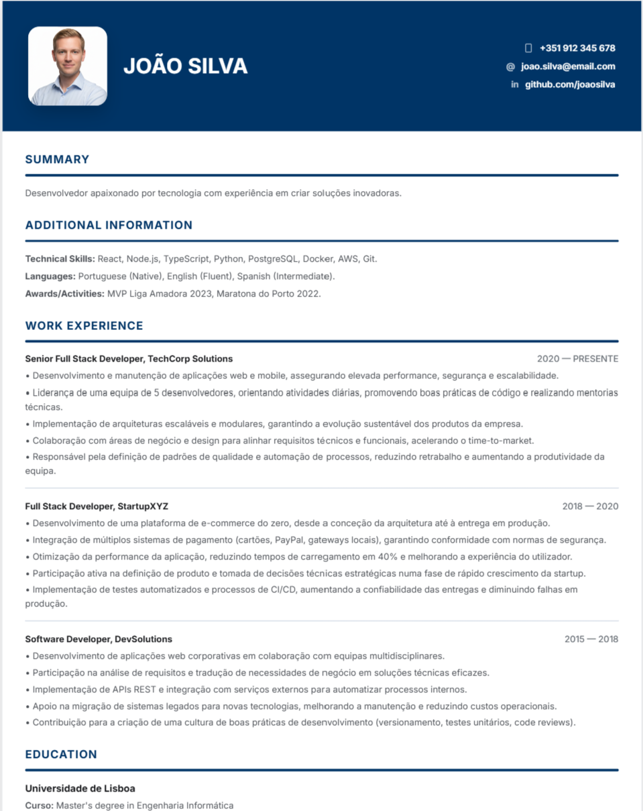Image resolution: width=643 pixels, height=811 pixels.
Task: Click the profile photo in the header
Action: [x=68, y=66]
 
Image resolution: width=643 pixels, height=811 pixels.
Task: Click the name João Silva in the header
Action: [x=185, y=66]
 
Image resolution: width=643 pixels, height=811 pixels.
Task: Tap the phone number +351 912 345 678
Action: [x=577, y=48]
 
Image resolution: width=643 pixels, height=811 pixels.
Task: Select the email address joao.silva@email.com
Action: [x=568, y=66]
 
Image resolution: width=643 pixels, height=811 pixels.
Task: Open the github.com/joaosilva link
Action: [x=569, y=85]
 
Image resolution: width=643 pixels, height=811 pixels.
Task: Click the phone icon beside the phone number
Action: [x=528, y=48]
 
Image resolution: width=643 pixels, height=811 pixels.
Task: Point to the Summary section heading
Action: [x=57, y=160]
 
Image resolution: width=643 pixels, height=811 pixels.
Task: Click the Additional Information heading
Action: [x=109, y=225]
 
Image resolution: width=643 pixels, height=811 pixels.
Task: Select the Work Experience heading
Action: [x=84, y=326]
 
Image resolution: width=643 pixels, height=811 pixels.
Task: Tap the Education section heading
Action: [x=61, y=755]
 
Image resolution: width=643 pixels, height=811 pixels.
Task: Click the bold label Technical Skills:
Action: [x=60, y=259]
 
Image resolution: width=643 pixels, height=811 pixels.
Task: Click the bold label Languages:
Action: [x=50, y=276]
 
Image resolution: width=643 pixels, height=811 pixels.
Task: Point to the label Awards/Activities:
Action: [x=64, y=294]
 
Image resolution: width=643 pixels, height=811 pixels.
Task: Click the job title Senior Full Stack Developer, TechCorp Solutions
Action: [x=129, y=359]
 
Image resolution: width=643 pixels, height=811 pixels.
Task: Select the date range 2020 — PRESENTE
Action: [x=577, y=359]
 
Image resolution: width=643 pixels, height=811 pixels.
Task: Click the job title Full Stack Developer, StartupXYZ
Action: [x=97, y=506]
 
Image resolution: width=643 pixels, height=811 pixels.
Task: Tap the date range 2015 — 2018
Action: [x=591, y=639]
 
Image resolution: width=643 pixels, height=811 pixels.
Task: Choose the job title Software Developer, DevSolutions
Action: [x=99, y=639]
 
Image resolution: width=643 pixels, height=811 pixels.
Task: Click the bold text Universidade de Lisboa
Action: [x=80, y=788]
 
